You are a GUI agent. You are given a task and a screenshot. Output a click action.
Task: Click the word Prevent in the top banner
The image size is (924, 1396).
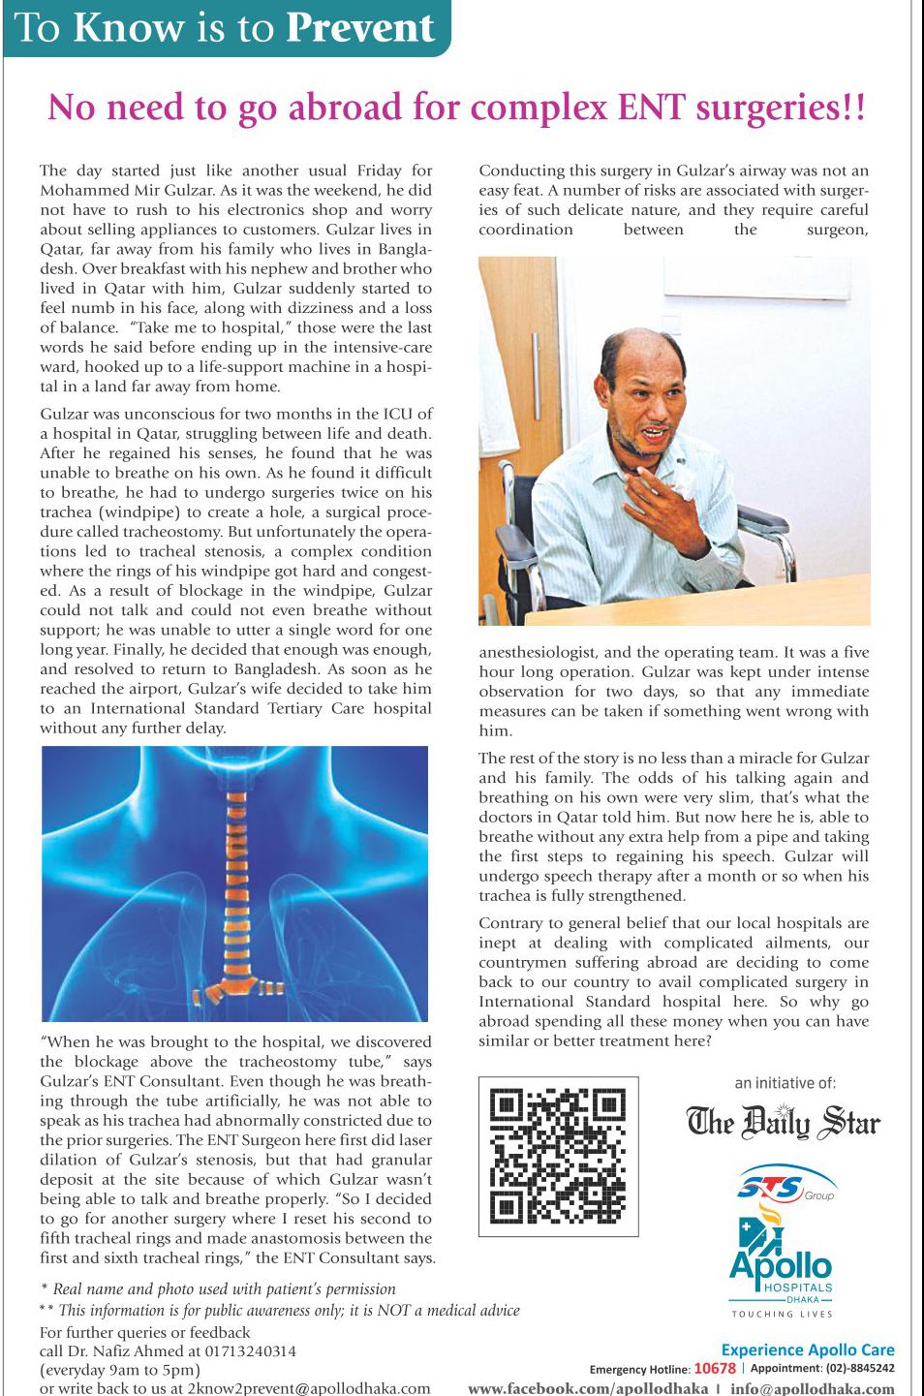tap(360, 28)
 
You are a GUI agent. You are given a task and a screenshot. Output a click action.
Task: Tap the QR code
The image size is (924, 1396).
tap(558, 1156)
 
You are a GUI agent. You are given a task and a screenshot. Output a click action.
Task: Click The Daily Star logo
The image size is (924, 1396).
tap(783, 1123)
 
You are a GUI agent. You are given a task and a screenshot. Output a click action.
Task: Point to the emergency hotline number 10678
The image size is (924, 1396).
tap(716, 1369)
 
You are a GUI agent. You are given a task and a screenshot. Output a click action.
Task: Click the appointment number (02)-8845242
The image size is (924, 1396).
tap(859, 1369)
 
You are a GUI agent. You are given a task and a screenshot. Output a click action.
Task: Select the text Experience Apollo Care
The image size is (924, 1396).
tap(808, 1349)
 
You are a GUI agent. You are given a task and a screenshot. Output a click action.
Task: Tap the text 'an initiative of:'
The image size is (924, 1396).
tap(785, 1083)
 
